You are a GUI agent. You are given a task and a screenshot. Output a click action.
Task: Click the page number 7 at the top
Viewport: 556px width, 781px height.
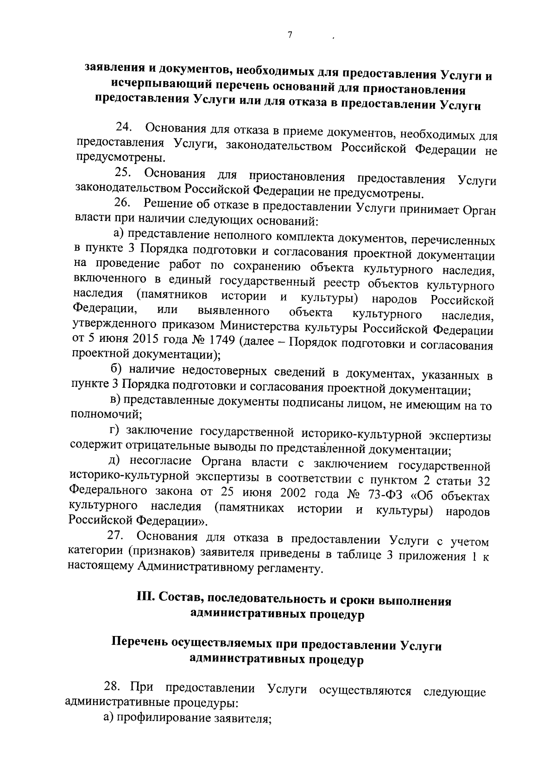(290, 36)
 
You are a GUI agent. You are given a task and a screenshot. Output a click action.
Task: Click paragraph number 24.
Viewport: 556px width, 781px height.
(124, 126)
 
